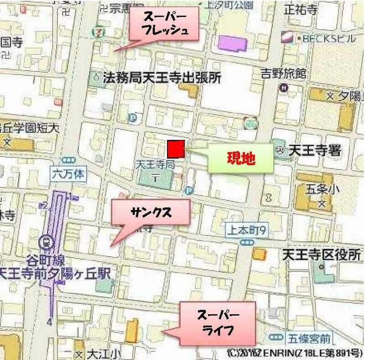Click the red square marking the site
click(176, 148)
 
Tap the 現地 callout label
click(240, 159)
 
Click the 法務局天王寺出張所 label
click(162, 78)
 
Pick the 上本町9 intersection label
click(246, 230)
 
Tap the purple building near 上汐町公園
click(233, 43)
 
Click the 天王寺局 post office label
click(156, 165)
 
